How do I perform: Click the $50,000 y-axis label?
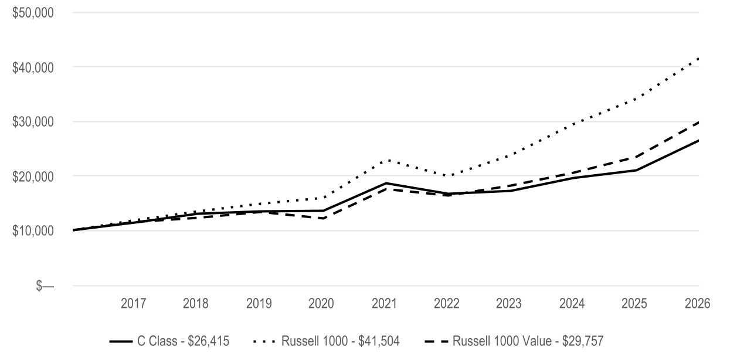(33, 13)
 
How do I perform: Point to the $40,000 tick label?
(33, 67)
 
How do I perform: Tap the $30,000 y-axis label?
(33, 122)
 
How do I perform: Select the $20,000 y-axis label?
(33, 176)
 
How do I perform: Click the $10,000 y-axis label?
(33, 231)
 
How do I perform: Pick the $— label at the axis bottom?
(45, 286)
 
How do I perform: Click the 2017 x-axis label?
(133, 304)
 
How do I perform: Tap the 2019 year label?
(259, 304)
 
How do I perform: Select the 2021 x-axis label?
(384, 304)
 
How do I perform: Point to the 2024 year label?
(572, 304)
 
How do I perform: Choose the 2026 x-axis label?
(698, 304)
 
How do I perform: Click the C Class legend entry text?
(183, 341)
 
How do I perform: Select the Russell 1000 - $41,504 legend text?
(340, 341)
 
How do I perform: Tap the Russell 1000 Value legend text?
(528, 341)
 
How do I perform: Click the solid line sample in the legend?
(121, 342)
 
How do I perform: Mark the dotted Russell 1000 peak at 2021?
(389, 160)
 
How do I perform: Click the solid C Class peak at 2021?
(386, 183)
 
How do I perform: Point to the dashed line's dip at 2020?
(324, 219)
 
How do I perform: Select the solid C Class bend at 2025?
(636, 170)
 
